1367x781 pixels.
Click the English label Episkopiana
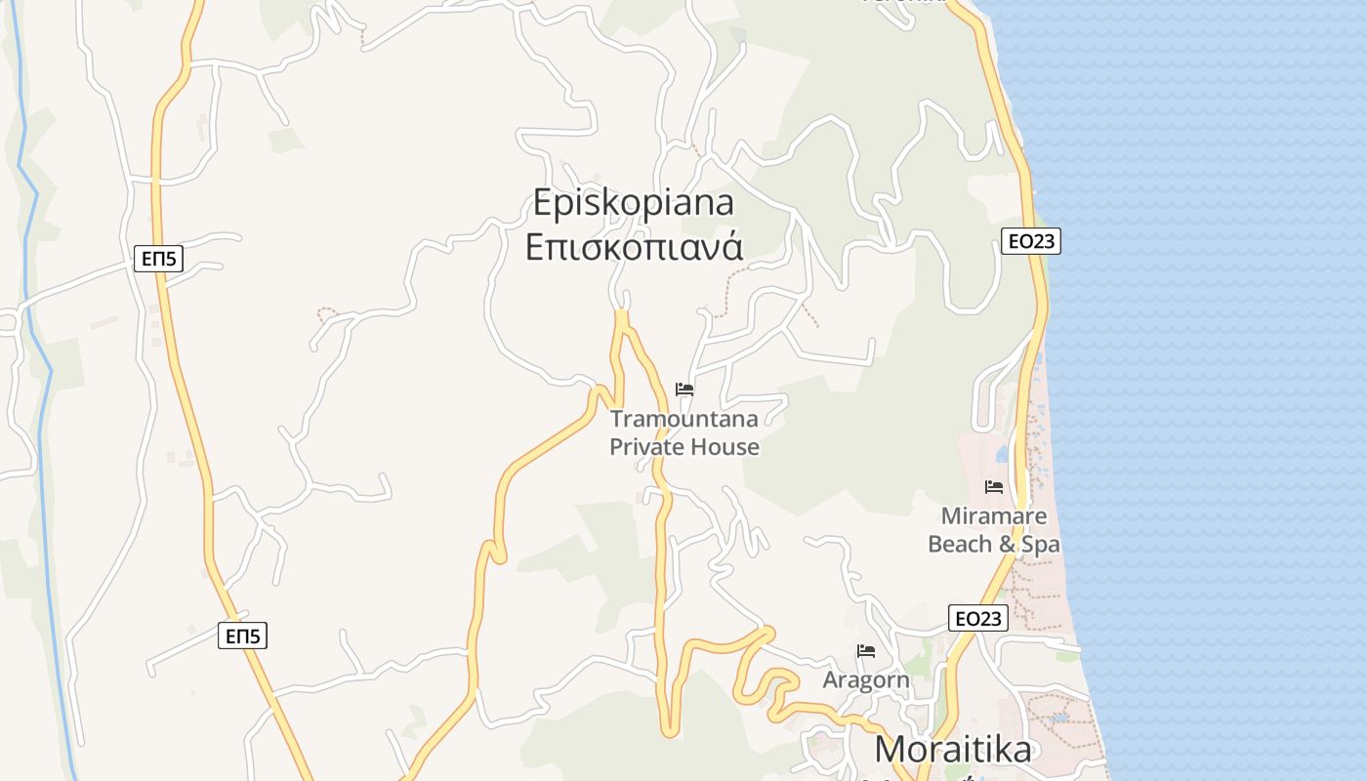click(x=634, y=202)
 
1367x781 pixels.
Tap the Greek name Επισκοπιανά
click(x=634, y=246)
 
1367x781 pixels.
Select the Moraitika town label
click(x=952, y=749)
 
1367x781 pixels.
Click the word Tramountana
click(x=683, y=419)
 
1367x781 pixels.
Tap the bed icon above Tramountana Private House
click(x=684, y=389)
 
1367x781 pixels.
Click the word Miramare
click(x=994, y=515)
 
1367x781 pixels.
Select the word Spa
click(x=1040, y=544)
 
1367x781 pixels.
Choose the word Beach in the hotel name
click(x=959, y=544)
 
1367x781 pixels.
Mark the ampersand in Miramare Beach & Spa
click(x=1007, y=544)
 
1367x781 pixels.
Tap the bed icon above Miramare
click(x=994, y=486)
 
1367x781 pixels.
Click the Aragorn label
click(x=866, y=679)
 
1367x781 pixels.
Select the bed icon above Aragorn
click(x=866, y=650)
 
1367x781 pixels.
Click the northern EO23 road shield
click(x=1031, y=241)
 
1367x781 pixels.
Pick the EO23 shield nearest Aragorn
click(x=977, y=618)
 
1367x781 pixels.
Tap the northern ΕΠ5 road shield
click(x=158, y=259)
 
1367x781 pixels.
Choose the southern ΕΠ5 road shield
click(x=242, y=637)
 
